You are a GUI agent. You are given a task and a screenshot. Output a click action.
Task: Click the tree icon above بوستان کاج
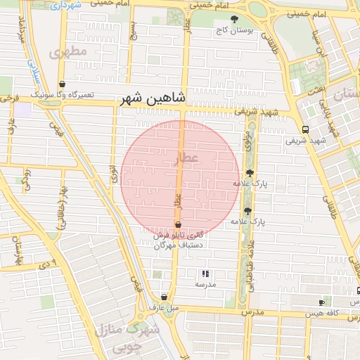coord(234,19)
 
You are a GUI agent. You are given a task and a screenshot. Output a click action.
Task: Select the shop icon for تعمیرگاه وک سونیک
coord(63,83)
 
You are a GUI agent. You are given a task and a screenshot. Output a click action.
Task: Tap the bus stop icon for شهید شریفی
coord(305,129)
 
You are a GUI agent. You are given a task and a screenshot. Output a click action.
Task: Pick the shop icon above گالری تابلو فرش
coord(178,224)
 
